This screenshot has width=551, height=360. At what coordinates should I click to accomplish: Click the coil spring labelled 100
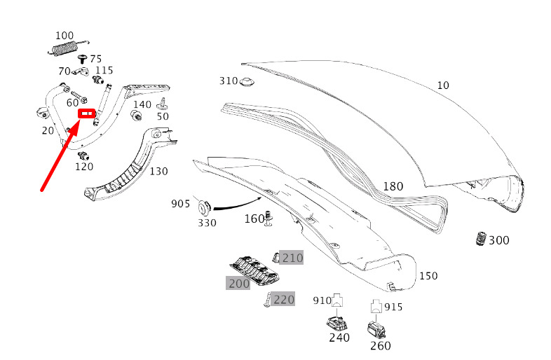tap(64, 48)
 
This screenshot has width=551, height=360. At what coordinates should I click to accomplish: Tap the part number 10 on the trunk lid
tap(442, 85)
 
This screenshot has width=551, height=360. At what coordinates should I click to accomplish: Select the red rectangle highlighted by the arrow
tap(88, 112)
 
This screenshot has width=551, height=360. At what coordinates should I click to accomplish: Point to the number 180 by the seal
tap(393, 186)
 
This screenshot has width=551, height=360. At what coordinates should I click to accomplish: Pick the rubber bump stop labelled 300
tap(480, 238)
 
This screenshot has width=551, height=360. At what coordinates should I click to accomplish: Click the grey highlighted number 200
tap(238, 283)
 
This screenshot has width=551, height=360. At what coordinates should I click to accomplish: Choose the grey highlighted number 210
tap(292, 258)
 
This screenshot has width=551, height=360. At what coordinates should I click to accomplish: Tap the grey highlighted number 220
tap(283, 300)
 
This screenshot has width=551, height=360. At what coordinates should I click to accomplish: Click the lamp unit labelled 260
tap(377, 328)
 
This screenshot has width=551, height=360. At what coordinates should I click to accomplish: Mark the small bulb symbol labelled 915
tap(375, 306)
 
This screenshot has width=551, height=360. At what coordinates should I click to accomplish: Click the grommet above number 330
tap(206, 207)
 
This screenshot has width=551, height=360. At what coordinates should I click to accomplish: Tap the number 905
tap(180, 204)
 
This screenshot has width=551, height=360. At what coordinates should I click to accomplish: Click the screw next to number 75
tap(82, 59)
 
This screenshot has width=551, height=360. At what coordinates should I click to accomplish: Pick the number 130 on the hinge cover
tap(158, 171)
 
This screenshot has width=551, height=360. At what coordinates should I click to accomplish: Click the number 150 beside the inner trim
tap(428, 276)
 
